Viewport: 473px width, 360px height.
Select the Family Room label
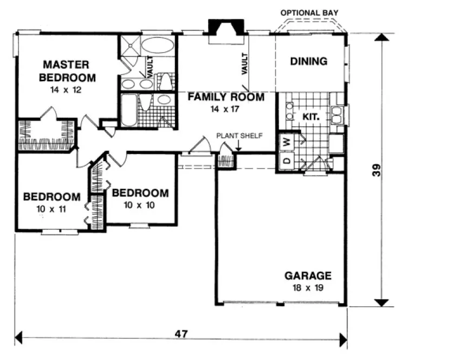[x=226, y=98]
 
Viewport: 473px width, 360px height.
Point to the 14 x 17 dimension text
[x=226, y=109]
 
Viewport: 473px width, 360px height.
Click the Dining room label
[x=309, y=61]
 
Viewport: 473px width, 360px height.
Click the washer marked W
[x=286, y=142]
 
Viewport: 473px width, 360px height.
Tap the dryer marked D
[x=286, y=161]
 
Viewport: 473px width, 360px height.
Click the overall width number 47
[x=181, y=334]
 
